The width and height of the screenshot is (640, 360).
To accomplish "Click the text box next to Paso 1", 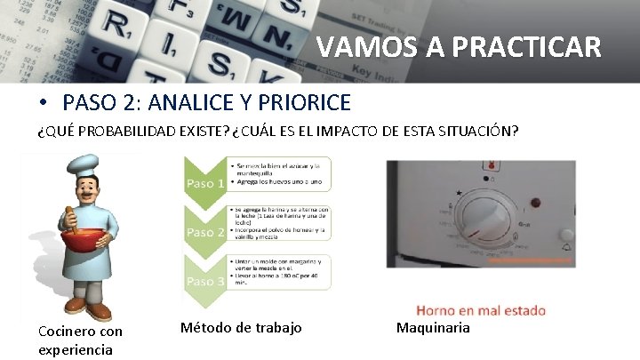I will pyautogui.click(x=278, y=173).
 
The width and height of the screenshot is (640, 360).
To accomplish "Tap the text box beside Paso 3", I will pyautogui.click(x=278, y=271).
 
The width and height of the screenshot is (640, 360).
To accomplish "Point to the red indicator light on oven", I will pyautogui.click(x=487, y=165).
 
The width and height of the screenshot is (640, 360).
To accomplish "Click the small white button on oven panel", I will pyautogui.click(x=566, y=235).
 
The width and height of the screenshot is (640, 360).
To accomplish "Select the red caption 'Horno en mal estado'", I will pyautogui.click(x=481, y=310).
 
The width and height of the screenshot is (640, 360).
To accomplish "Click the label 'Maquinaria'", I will pyautogui.click(x=433, y=328).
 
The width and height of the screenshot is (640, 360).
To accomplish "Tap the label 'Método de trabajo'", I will pyautogui.click(x=241, y=328).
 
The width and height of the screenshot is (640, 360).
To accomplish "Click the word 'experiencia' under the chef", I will pyautogui.click(x=76, y=349).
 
